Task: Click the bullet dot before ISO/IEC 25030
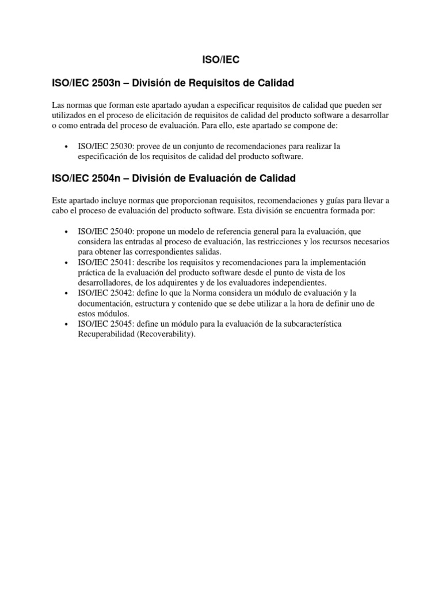tap(68, 147)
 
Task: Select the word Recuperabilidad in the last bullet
tap(106, 335)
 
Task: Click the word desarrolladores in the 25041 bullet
tap(105, 283)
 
